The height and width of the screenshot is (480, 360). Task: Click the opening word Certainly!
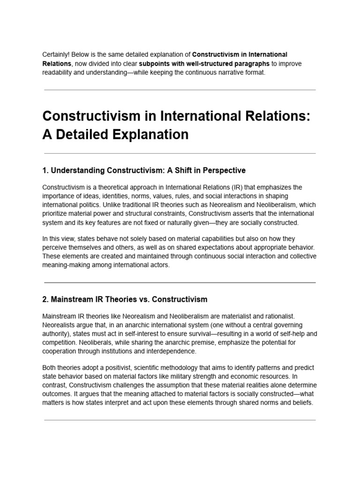coord(56,55)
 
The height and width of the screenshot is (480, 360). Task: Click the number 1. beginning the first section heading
coord(45,170)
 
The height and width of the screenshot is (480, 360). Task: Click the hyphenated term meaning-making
coord(64,265)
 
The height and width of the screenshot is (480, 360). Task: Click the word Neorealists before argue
coord(59,325)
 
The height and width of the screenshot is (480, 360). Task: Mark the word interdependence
coord(172,351)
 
